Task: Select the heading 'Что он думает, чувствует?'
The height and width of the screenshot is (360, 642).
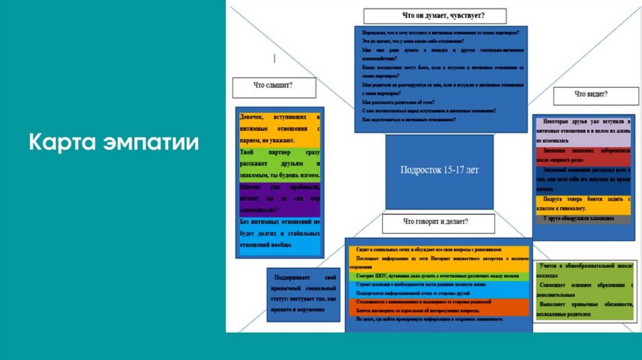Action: click(434, 16)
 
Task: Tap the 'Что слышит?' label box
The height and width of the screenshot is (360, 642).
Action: click(274, 87)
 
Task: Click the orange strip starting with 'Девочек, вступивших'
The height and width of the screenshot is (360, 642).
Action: click(280, 130)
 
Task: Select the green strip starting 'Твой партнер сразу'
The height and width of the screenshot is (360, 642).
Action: click(280, 163)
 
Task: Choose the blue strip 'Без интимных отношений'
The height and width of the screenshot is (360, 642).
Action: click(280, 233)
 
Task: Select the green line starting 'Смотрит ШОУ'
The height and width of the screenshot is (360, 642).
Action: click(438, 275)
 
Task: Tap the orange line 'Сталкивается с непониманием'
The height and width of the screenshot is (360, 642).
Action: click(438, 302)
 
